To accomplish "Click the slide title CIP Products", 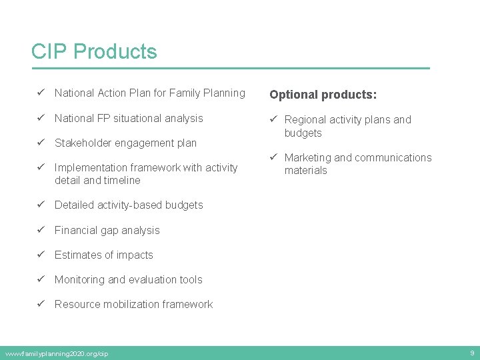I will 94,51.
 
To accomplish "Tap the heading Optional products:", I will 323,95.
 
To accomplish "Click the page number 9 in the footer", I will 472,353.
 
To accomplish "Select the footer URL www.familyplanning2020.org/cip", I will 56,353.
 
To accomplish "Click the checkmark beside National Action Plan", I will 41,93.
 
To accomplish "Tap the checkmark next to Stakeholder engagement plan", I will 41,143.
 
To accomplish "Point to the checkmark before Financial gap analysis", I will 41,230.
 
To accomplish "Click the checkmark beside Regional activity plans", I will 273,120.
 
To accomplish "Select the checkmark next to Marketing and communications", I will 273,158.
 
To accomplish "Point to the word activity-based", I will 129,205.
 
